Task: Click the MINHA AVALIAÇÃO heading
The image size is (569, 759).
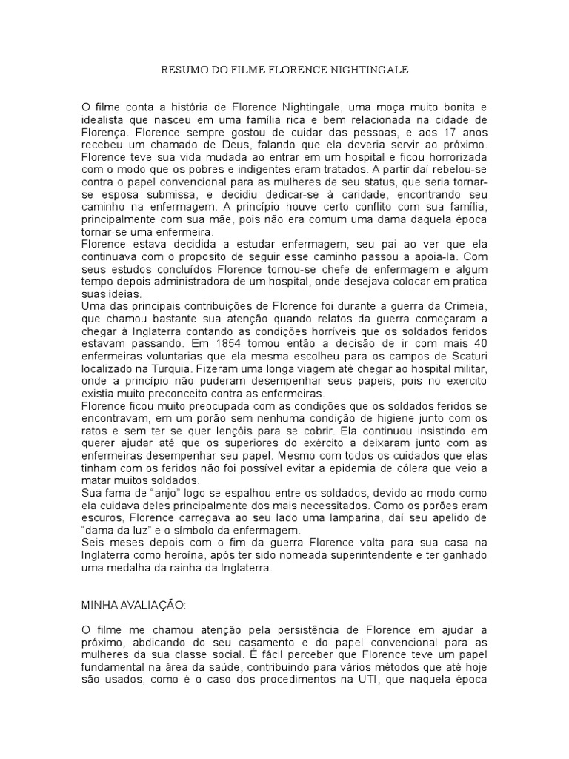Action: pyautogui.click(x=132, y=605)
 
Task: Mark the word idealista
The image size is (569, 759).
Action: pyautogui.click(x=102, y=121)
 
